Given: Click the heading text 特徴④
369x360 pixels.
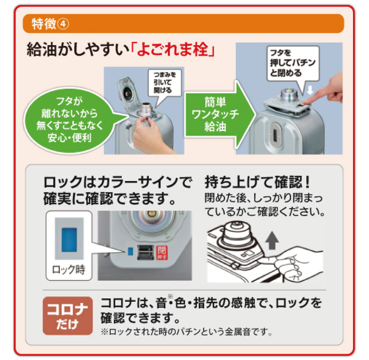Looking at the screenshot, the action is pyautogui.click(x=50, y=24).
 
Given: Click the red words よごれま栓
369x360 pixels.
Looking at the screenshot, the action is pyautogui.click(x=173, y=49).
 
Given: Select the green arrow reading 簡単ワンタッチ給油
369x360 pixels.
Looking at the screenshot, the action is pyautogui.click(x=220, y=115).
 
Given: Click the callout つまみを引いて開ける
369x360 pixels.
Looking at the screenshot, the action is pyautogui.click(x=165, y=83).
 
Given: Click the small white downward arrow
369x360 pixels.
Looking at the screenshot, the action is pyautogui.click(x=310, y=90).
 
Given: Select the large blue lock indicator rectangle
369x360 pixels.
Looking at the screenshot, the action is pyautogui.click(x=69, y=239).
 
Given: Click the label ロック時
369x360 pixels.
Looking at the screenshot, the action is pyautogui.click(x=68, y=270).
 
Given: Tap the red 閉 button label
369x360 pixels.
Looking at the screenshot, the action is pyautogui.click(x=162, y=252).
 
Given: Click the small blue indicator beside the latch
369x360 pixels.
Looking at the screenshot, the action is pyautogui.click(x=130, y=251).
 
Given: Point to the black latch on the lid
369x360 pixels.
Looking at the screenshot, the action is pyautogui.click(x=146, y=252).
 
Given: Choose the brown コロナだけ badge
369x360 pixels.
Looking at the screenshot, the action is pyautogui.click(x=68, y=316).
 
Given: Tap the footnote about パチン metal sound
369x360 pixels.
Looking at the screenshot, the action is pyautogui.click(x=187, y=332).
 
